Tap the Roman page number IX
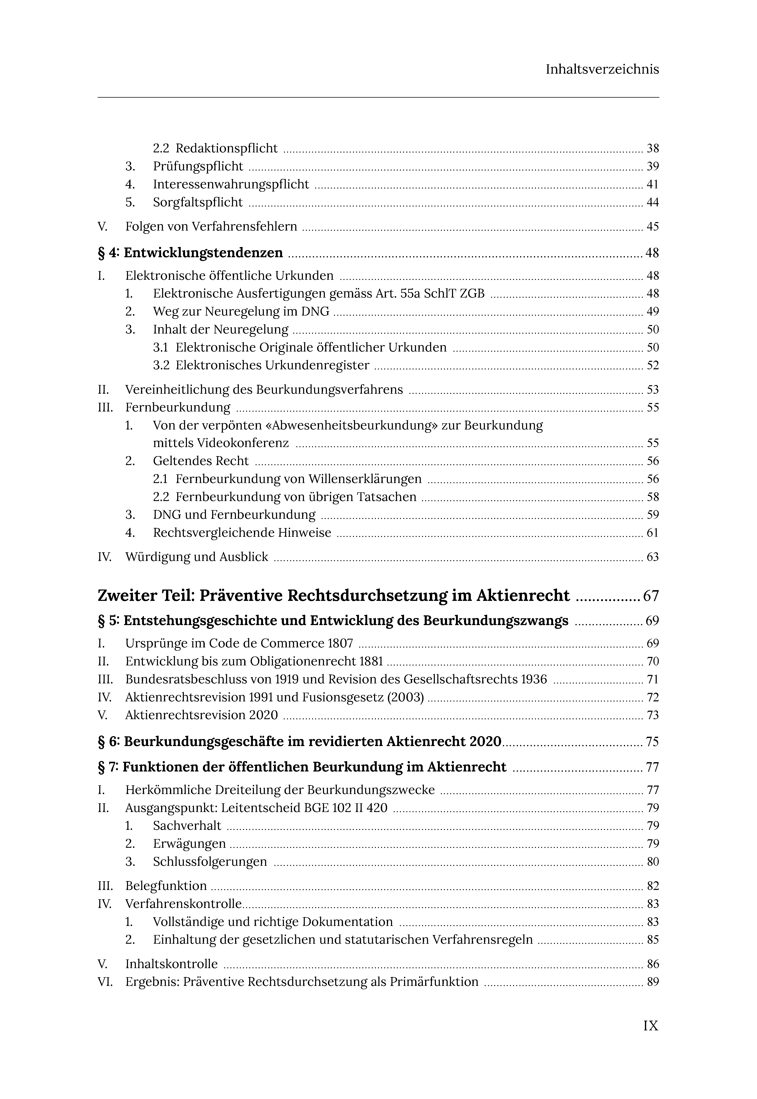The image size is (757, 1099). [x=651, y=1025]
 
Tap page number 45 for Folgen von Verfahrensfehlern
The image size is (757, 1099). [x=653, y=227]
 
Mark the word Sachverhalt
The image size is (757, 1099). [x=187, y=826]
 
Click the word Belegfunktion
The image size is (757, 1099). [x=166, y=886]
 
